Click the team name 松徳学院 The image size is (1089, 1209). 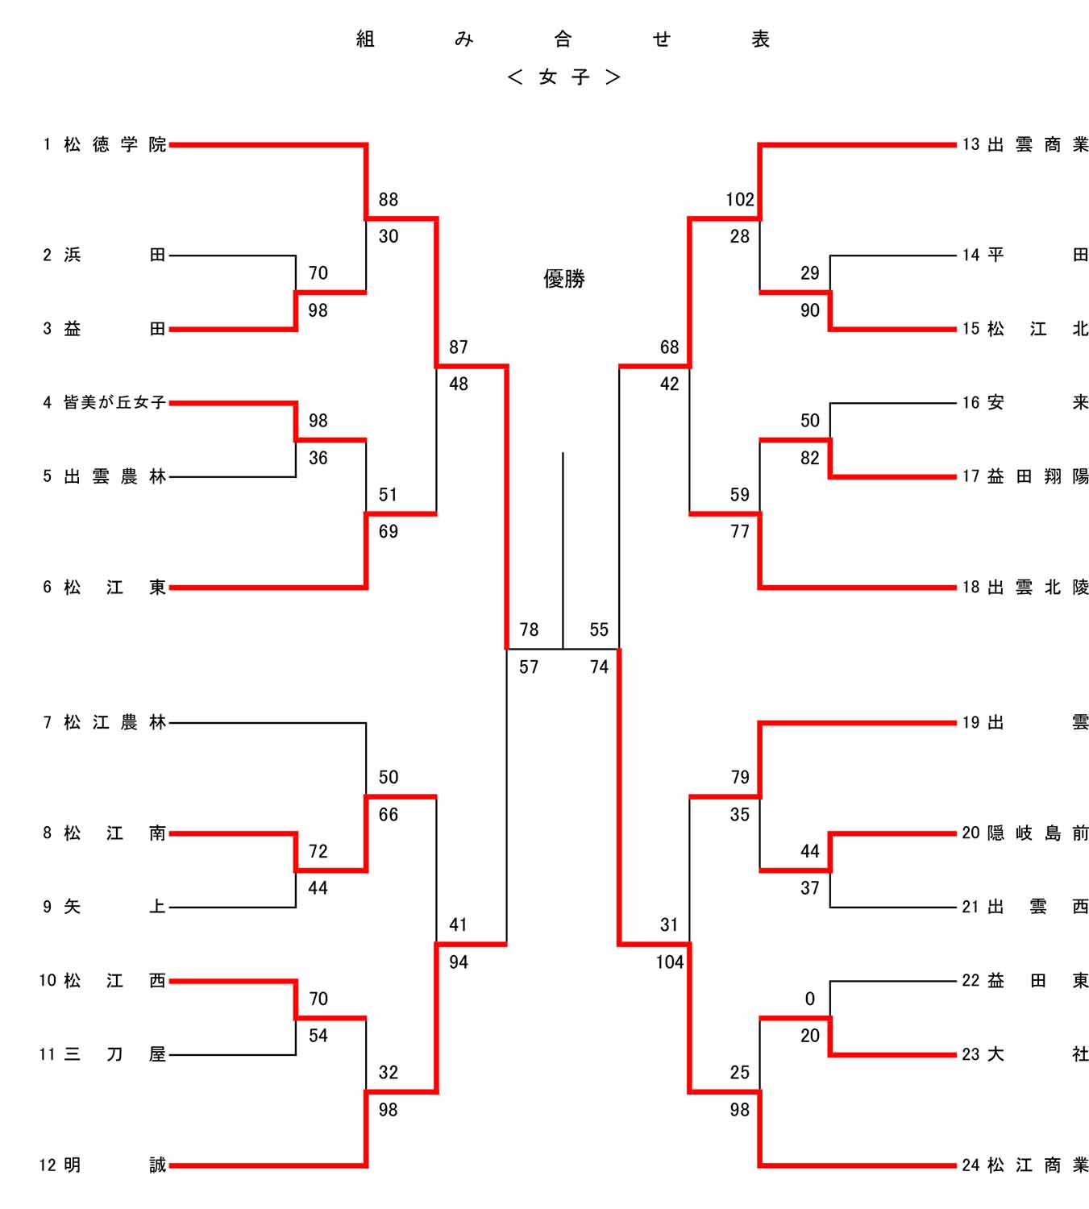(114, 144)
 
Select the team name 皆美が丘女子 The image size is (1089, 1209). (114, 402)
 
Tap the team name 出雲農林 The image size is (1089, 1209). (114, 476)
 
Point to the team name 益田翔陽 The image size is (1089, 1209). (1037, 476)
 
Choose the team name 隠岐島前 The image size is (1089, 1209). (1037, 833)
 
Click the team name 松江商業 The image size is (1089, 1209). (1037, 1165)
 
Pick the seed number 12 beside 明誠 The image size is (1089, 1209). (48, 1165)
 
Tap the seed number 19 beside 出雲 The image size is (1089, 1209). (971, 722)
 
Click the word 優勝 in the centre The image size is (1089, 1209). (563, 279)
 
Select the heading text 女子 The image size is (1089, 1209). (563, 77)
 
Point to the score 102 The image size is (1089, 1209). (740, 199)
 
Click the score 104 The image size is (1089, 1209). (669, 962)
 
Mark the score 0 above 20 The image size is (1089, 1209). (810, 999)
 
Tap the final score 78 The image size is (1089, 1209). (529, 629)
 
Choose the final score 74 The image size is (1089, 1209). (599, 667)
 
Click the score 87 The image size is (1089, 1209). (459, 347)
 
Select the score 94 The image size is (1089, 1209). (459, 962)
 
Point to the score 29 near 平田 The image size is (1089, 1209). (810, 273)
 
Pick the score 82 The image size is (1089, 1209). (810, 458)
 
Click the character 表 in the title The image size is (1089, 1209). (760, 39)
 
